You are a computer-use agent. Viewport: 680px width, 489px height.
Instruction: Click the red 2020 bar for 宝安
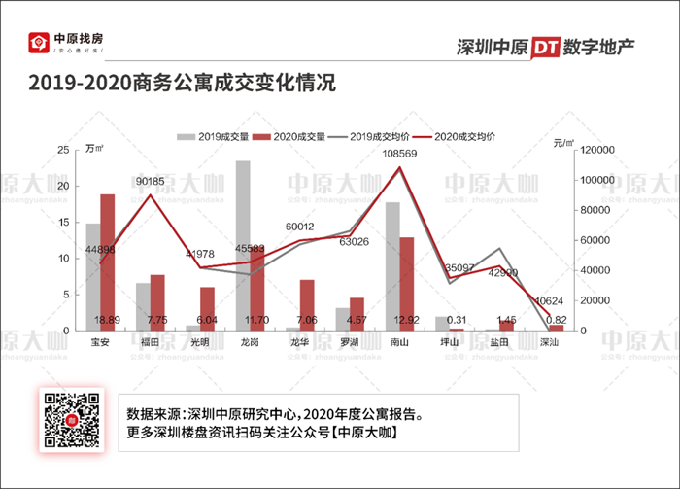(107, 262)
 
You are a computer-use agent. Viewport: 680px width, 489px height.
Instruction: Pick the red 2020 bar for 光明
(207, 308)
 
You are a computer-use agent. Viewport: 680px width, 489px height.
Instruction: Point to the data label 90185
(150, 181)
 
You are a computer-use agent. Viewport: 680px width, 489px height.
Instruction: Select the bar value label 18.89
(107, 320)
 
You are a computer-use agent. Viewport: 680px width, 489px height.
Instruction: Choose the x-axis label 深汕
(549, 342)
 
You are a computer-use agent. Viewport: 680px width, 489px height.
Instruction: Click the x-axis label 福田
(150, 342)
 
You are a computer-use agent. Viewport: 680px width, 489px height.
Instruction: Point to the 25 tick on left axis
(63, 150)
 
